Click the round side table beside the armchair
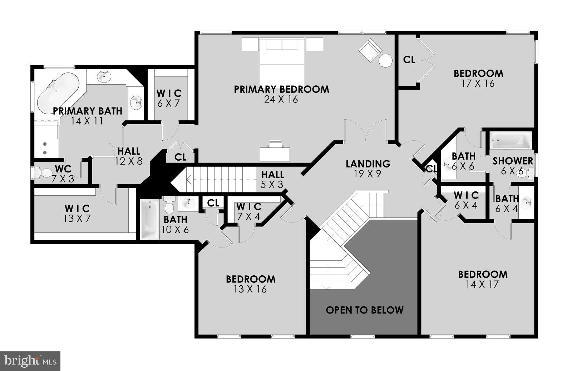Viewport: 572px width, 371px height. (x=386, y=60)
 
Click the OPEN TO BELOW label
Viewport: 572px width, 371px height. (x=365, y=310)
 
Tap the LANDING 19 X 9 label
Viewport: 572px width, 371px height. (x=368, y=169)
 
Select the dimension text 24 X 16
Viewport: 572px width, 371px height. (x=281, y=100)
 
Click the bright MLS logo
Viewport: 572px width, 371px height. (x=30, y=361)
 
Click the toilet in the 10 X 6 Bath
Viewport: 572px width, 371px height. (x=169, y=205)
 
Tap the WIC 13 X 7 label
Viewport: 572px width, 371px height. (x=77, y=213)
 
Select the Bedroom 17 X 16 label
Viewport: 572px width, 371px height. (x=478, y=78)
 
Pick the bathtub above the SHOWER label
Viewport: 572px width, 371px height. (x=511, y=140)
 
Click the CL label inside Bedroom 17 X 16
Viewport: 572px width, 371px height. (x=409, y=60)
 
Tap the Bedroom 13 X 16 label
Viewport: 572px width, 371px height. (x=251, y=284)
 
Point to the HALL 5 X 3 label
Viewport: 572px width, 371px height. (x=272, y=179)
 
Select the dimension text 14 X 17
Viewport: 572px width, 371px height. (x=483, y=285)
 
